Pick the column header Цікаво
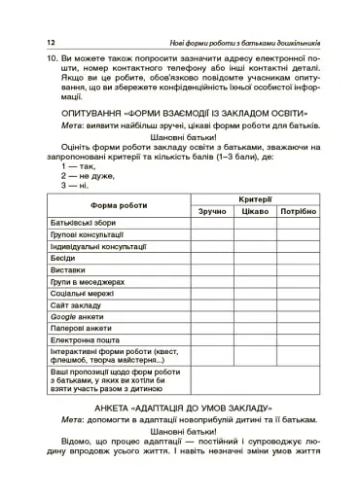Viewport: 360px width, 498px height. pyautogui.click(x=255, y=211)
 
